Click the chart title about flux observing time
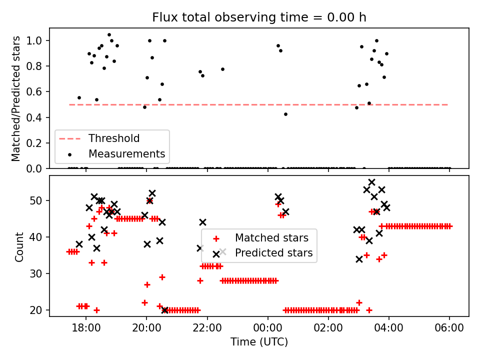tap(259, 17)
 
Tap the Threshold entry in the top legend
tap(114, 138)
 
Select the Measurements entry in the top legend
tap(126, 153)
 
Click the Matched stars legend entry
tap(271, 237)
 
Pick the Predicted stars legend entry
tap(274, 253)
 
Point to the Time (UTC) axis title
tap(259, 342)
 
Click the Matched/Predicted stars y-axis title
tap(16, 98)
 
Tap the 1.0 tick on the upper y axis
tap(38, 40)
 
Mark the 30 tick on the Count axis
tap(39, 273)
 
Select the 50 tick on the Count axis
tap(39, 200)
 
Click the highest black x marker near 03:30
tap(371, 182)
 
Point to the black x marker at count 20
tap(165, 310)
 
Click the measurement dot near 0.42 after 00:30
tap(285, 114)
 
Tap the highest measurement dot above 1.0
tap(109, 35)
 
